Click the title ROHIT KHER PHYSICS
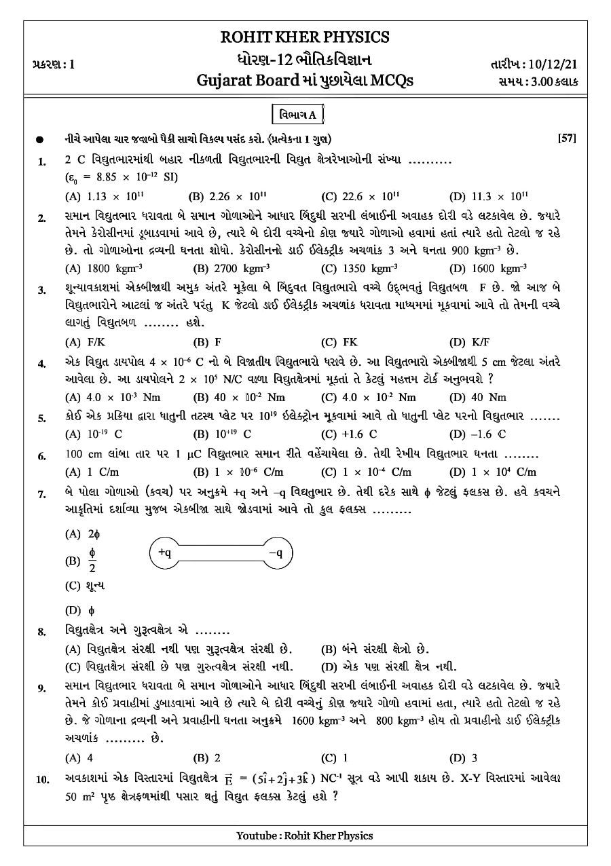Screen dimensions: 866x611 pyautogui.click(x=305, y=37)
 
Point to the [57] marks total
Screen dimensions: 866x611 pyautogui.click(x=567, y=138)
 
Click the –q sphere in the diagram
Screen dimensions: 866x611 pyautogui.click(x=280, y=553)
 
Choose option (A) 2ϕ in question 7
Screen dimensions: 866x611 pyautogui.click(x=82, y=534)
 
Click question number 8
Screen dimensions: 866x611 pyautogui.click(x=42, y=632)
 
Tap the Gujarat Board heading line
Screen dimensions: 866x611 pyautogui.click(x=304, y=81)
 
